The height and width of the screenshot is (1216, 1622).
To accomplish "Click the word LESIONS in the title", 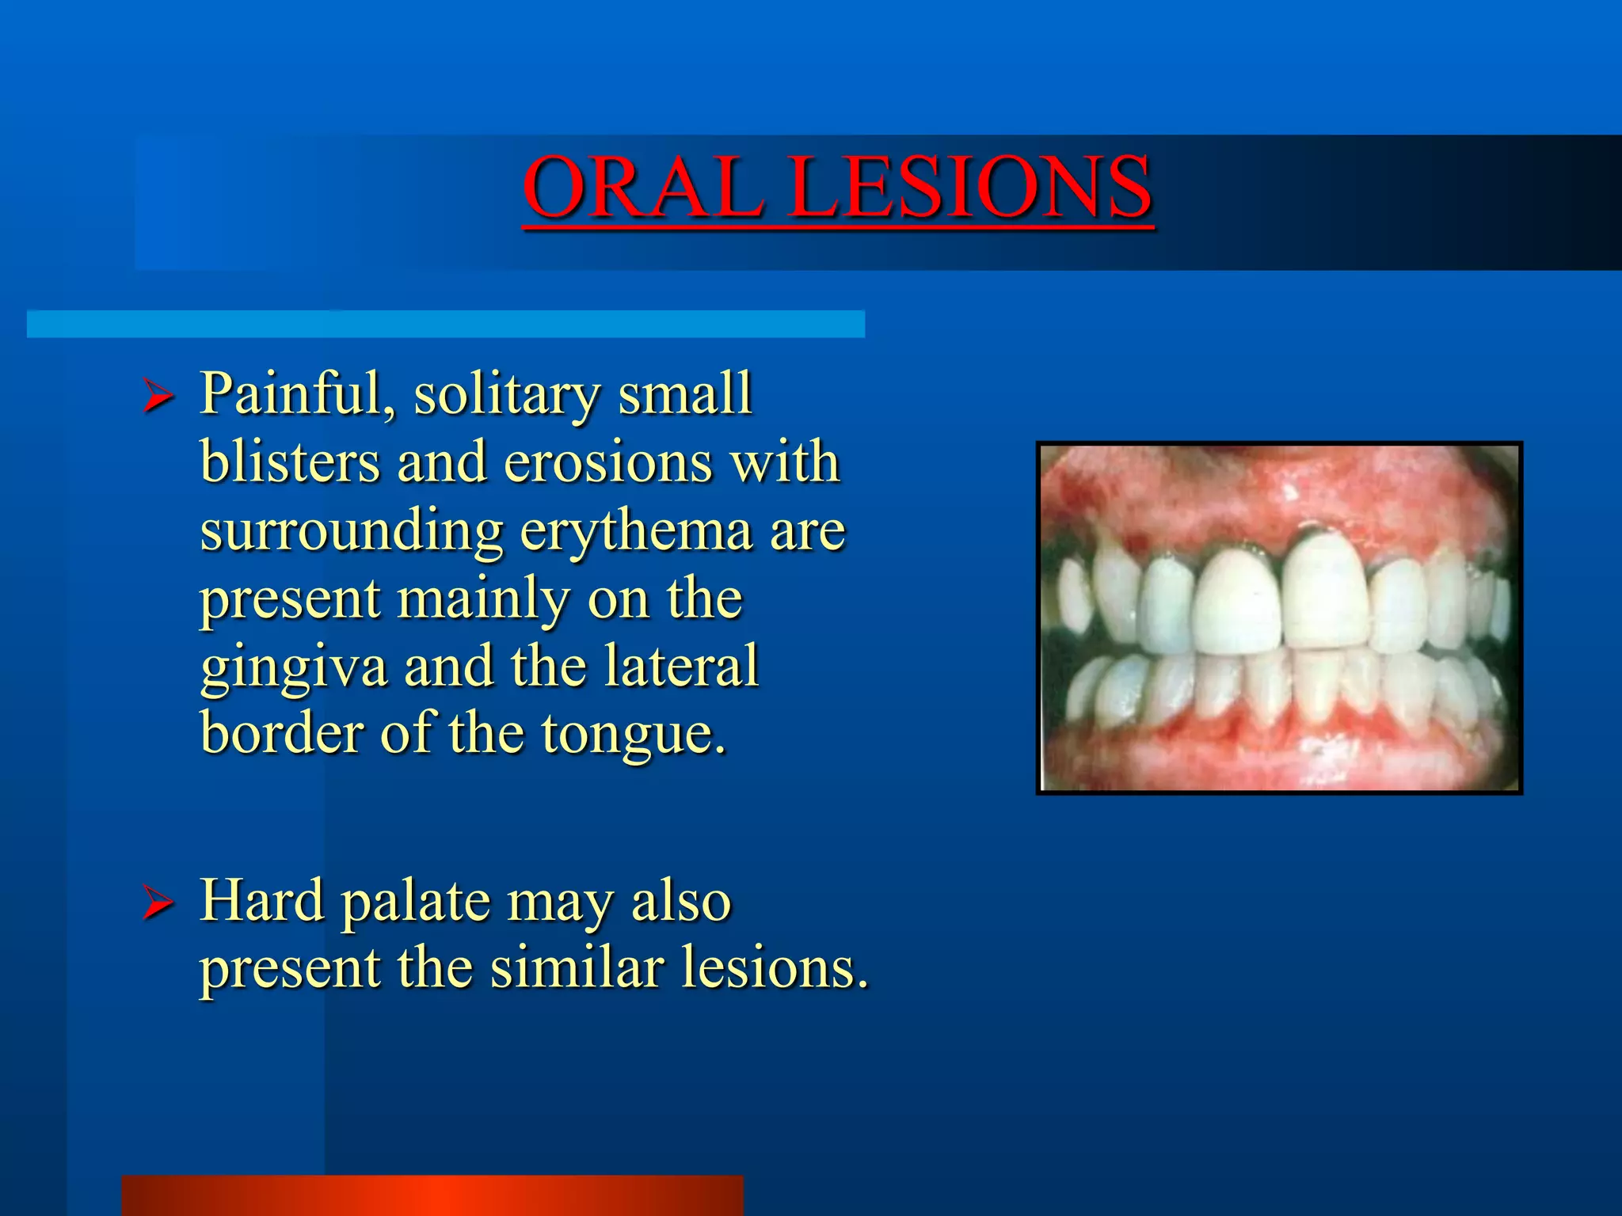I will tap(969, 188).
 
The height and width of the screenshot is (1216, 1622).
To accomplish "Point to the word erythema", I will tap(635, 532).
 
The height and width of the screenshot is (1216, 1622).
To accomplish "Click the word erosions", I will tap(607, 462).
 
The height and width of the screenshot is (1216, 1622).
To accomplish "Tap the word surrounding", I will tap(352, 532).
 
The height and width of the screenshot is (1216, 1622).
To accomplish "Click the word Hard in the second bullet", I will tap(262, 900).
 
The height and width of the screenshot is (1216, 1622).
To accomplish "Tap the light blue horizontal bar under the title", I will tap(445, 324).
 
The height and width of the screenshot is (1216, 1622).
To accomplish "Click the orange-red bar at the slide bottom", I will tap(432, 1195).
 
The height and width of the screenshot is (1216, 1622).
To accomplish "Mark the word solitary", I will tap(506, 395).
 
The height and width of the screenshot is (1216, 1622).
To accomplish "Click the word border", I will tap(280, 733).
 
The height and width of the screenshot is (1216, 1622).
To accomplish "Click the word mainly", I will tap(482, 598).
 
